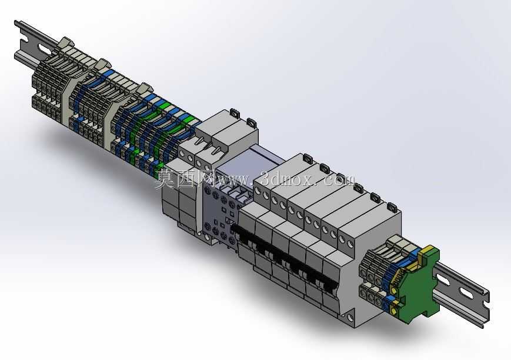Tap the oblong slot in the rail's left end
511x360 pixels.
[x=44, y=49]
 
